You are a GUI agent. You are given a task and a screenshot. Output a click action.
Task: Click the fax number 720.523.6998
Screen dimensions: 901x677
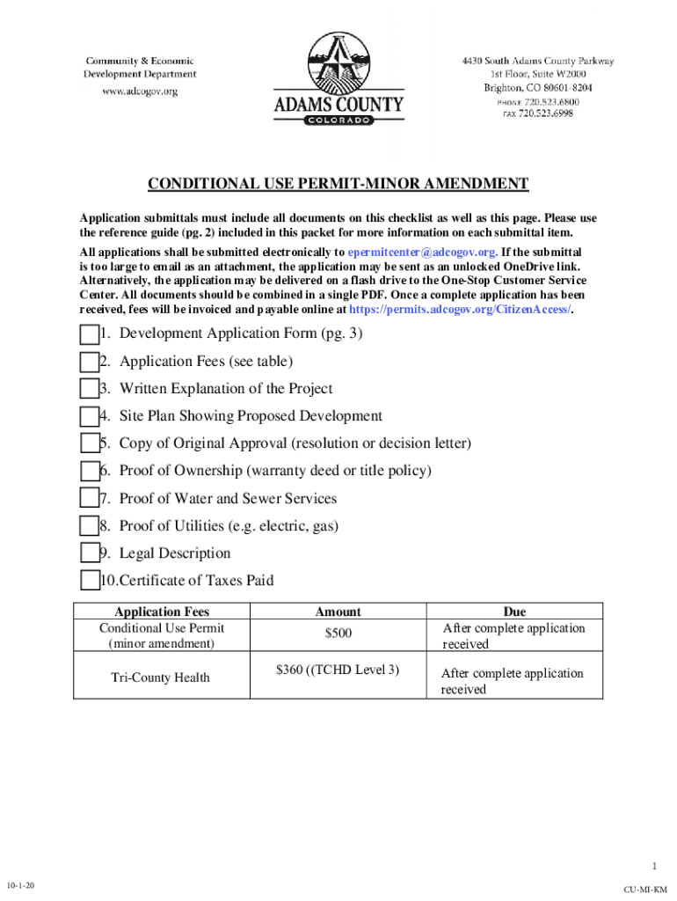point(545,114)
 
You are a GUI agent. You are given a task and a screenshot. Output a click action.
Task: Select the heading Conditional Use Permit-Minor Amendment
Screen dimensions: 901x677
point(338,184)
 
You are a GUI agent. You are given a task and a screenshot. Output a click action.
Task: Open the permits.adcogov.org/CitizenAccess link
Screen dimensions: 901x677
point(460,310)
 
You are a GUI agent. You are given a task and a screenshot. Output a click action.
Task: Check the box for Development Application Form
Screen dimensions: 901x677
point(89,335)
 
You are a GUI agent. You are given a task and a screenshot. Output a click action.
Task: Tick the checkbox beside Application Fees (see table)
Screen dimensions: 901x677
point(89,363)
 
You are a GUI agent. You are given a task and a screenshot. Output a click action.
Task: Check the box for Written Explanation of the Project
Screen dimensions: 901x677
point(89,390)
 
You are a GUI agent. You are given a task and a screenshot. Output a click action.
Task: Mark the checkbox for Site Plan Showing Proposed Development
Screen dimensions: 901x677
point(89,417)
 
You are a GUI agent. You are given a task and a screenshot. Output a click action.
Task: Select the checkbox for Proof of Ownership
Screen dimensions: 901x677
point(89,472)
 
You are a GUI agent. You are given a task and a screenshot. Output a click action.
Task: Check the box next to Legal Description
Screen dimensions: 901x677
point(89,553)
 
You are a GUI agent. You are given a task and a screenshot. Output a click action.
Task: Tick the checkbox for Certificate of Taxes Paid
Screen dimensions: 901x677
point(89,581)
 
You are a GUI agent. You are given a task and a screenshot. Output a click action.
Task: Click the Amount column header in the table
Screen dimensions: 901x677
point(338,612)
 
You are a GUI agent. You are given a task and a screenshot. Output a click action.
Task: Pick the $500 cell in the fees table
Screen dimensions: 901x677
point(338,634)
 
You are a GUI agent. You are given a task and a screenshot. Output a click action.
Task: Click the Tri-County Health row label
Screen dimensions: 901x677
point(160,678)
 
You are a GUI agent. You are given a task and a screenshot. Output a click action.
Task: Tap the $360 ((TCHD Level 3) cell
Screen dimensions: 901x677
point(338,670)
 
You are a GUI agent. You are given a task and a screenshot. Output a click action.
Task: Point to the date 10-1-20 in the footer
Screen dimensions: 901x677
point(20,883)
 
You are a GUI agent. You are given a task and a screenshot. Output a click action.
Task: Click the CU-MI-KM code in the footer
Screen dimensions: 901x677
point(645,890)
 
